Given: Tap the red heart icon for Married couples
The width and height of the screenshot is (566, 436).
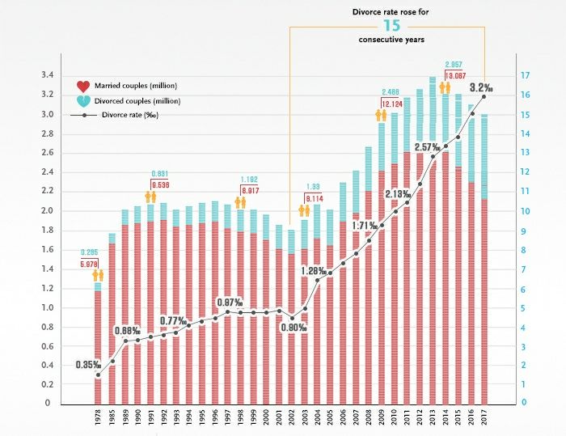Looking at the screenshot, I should click(x=82, y=86).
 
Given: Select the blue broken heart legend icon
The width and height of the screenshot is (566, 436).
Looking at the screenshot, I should click(x=82, y=101).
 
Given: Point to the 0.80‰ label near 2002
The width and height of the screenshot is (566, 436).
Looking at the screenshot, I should click(x=295, y=328).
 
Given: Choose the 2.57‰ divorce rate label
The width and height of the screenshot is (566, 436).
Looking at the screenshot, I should click(x=427, y=147).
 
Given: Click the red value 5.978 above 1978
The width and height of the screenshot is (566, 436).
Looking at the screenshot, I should click(x=90, y=264).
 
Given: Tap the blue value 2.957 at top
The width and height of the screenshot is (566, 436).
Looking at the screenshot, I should click(x=452, y=63).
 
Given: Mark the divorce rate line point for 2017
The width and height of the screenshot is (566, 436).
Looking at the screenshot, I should click(x=484, y=96).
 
